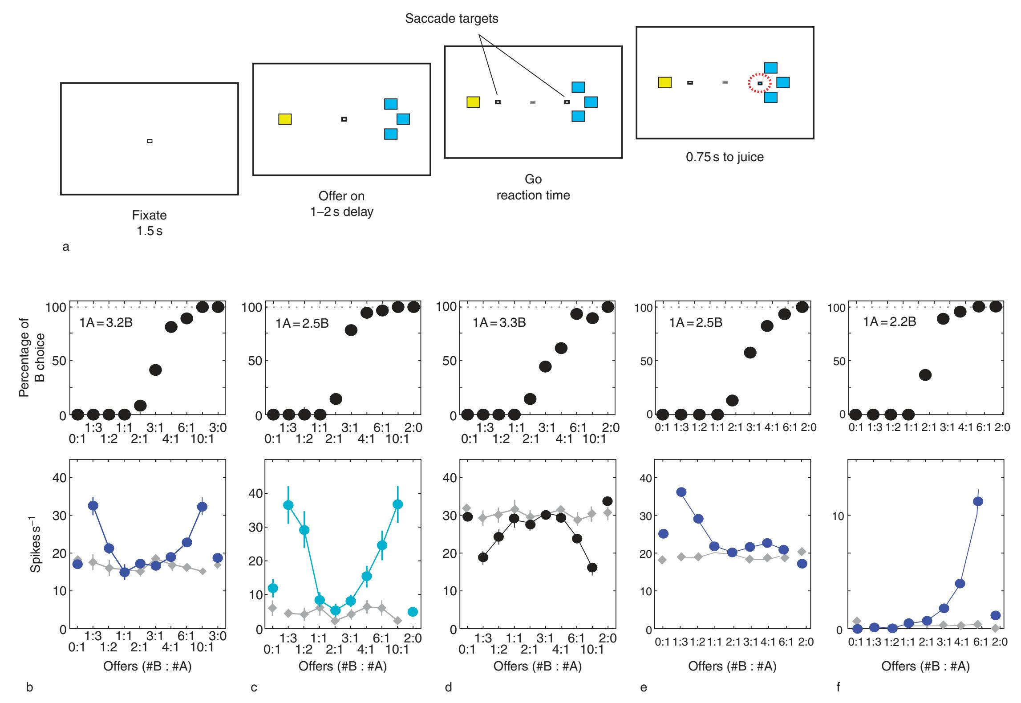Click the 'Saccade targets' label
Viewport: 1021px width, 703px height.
coord(451,19)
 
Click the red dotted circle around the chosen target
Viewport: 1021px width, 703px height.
coord(759,83)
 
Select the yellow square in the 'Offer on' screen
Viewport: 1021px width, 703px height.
coord(285,119)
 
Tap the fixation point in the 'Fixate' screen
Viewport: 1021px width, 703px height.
coord(150,141)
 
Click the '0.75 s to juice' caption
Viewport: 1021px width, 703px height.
coord(725,157)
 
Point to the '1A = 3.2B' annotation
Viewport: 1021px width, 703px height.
coord(106,323)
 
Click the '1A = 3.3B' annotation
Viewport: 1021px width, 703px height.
coord(499,323)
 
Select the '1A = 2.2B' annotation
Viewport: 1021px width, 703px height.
coord(890,321)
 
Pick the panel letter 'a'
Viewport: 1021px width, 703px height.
coord(66,247)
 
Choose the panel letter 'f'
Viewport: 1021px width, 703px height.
coord(839,687)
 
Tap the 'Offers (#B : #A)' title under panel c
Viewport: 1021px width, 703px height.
coord(342,666)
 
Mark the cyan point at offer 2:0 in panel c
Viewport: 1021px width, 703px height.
coord(413,612)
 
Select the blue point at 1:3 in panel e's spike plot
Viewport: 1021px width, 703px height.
coord(681,492)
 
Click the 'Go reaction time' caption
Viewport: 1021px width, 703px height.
coord(533,187)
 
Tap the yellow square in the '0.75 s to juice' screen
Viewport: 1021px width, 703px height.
coord(665,82)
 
